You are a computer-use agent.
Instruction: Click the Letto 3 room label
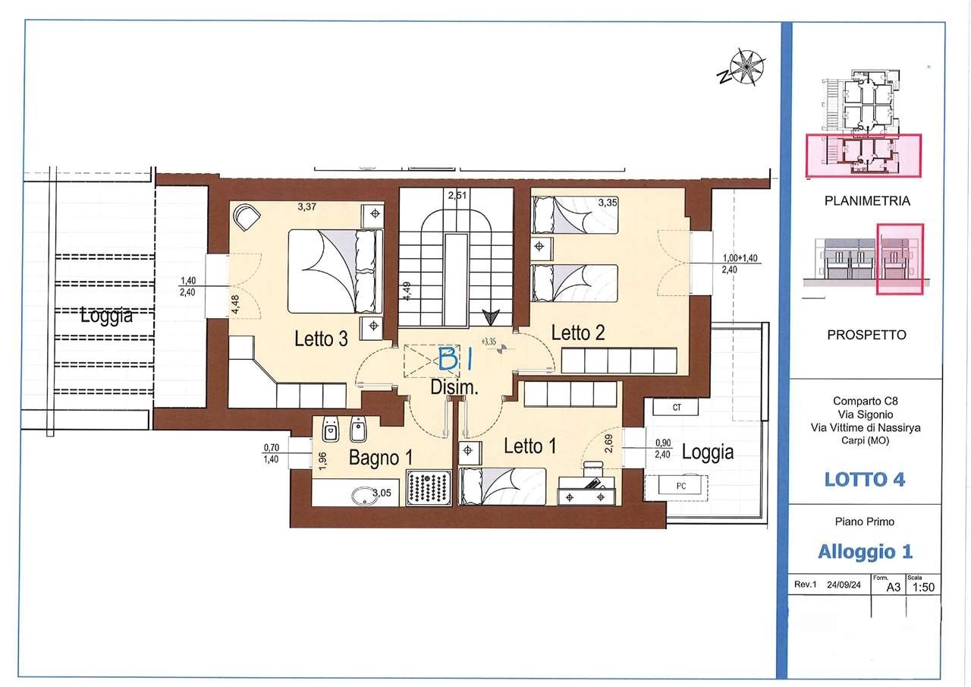click(x=321, y=339)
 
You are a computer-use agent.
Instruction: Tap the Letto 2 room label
click(x=578, y=332)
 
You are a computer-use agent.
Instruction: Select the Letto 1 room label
click(x=529, y=446)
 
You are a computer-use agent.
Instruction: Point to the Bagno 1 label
click(x=381, y=458)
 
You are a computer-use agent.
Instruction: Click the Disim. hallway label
click(x=454, y=387)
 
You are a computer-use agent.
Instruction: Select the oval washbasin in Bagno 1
click(x=366, y=496)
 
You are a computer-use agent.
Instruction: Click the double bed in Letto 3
click(x=335, y=271)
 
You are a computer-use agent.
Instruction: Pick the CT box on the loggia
click(x=676, y=407)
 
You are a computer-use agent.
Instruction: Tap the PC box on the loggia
click(x=680, y=486)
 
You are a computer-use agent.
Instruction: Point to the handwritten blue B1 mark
click(x=454, y=359)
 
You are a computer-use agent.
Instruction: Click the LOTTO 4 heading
click(x=865, y=480)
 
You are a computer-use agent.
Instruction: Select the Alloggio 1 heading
click(x=866, y=552)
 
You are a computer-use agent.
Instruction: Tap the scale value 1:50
click(x=923, y=588)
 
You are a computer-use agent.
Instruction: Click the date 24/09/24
click(x=844, y=585)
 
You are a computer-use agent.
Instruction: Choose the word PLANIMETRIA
click(x=867, y=201)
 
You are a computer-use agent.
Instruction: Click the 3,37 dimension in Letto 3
click(x=307, y=207)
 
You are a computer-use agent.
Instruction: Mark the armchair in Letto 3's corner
click(x=247, y=217)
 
